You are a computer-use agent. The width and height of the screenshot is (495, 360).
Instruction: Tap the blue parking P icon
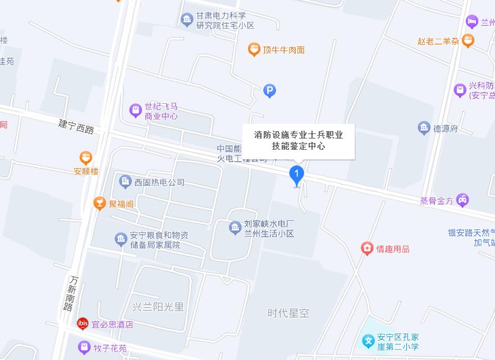click(x=270, y=90)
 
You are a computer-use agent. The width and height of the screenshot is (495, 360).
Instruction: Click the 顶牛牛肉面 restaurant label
click(x=284, y=50)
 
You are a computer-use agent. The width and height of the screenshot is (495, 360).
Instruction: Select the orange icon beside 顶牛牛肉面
click(x=254, y=50)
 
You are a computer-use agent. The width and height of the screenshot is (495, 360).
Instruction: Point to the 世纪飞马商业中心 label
click(x=161, y=111)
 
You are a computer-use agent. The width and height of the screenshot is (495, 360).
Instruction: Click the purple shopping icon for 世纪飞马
click(x=135, y=110)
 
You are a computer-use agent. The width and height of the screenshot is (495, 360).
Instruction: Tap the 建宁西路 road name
click(x=76, y=126)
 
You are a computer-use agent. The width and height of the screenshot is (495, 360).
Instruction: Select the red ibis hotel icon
click(x=82, y=324)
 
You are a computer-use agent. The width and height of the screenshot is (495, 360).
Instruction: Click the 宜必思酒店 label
click(x=113, y=324)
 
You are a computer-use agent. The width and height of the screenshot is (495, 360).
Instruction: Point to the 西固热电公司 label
click(x=159, y=182)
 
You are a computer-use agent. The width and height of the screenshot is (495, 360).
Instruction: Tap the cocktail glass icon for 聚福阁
click(x=100, y=204)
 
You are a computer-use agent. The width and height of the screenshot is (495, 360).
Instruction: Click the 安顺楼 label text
click(x=86, y=172)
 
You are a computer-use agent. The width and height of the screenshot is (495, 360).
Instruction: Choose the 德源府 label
click(x=446, y=128)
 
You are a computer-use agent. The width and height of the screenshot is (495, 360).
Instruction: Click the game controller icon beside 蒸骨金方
click(x=462, y=200)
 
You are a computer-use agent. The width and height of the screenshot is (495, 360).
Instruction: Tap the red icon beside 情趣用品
click(x=367, y=248)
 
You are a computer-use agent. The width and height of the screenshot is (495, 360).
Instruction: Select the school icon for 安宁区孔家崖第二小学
click(x=368, y=340)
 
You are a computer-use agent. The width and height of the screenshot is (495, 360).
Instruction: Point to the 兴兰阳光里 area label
click(x=158, y=307)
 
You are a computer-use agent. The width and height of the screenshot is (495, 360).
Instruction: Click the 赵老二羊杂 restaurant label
click(x=438, y=41)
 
